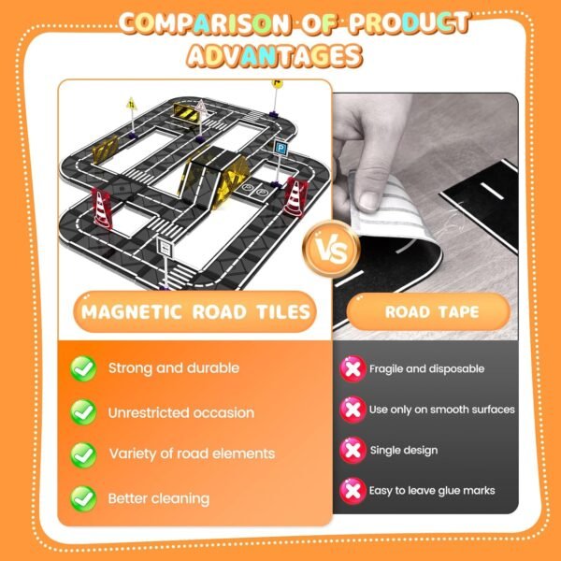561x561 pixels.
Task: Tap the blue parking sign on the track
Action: [x=280, y=148]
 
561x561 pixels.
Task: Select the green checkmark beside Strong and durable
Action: [x=84, y=368]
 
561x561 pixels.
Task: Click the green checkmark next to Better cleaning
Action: [x=84, y=497]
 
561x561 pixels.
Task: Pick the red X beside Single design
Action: [x=352, y=450]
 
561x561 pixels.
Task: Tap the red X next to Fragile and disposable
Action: [x=352, y=368]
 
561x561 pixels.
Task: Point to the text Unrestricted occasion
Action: [x=181, y=412]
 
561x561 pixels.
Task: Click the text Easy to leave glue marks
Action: [x=432, y=490]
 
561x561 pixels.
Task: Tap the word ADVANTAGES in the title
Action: [x=273, y=56]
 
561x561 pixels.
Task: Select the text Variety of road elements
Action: [x=192, y=453]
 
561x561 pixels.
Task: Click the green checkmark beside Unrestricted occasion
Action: [x=84, y=411]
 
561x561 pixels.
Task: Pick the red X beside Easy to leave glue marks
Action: [x=352, y=490]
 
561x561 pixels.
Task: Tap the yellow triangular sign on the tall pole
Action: [x=131, y=103]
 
